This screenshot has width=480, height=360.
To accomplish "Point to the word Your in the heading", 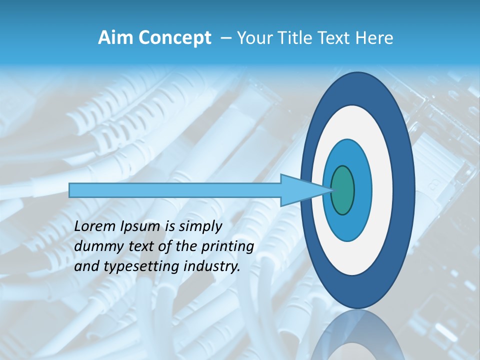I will pos(253,38).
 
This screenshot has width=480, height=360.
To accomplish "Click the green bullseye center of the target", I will pos(343,190).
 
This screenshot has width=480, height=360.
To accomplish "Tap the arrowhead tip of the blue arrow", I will pos(331,190).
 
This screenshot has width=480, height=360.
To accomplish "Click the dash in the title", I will pos(225,38).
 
